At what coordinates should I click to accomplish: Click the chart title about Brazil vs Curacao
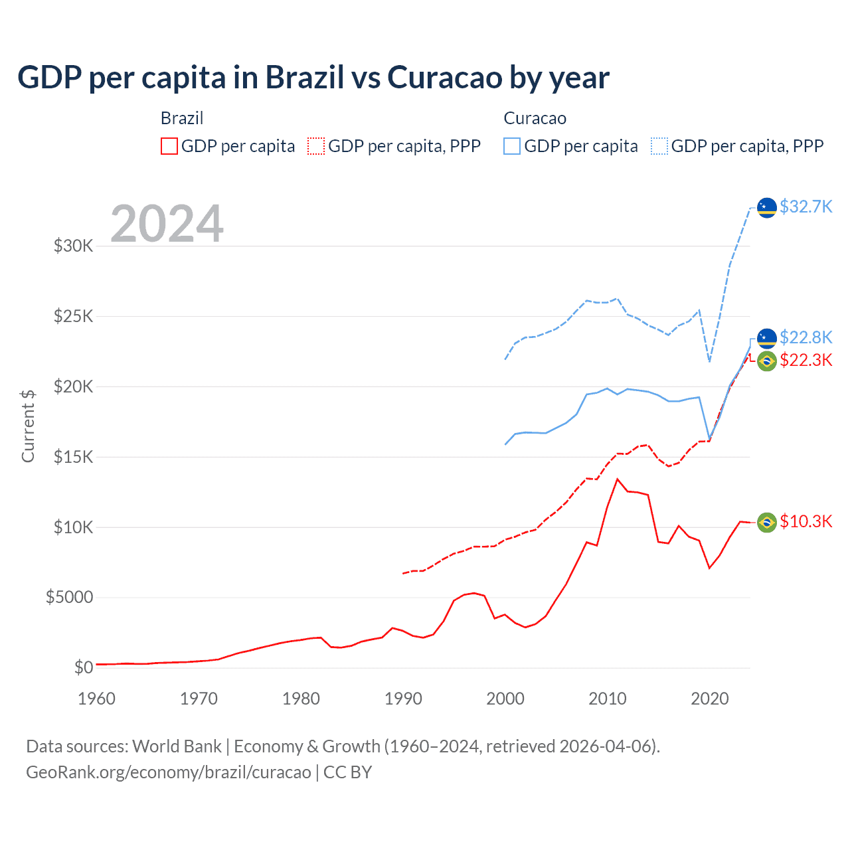pos(313,78)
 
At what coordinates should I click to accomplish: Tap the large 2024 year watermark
pos(167,224)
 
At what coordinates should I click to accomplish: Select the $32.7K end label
pos(806,207)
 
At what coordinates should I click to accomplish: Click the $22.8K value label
pos(806,337)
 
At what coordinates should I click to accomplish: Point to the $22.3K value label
pos(806,360)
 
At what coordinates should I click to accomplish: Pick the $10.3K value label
pos(806,521)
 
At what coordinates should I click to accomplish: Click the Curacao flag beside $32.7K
pos(767,207)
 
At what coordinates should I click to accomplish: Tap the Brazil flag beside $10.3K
pos(767,523)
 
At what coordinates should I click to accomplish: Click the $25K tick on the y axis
pos(74,316)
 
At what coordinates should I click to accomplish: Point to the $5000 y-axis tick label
pos(70,597)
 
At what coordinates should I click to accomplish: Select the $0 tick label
pos(83,667)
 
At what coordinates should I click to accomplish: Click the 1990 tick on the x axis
pos(403,699)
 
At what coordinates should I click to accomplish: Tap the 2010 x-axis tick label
pos(608,699)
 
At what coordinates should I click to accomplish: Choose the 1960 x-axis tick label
pos(97,699)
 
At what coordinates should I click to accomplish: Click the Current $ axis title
pos(28,426)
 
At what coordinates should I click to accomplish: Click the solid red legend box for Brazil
pos(169,146)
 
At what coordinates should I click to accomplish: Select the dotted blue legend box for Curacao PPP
pos(659,146)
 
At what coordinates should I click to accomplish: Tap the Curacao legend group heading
pos(535,118)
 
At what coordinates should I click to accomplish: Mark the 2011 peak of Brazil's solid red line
pos(618,479)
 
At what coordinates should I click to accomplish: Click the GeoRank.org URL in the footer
pos(169,772)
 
